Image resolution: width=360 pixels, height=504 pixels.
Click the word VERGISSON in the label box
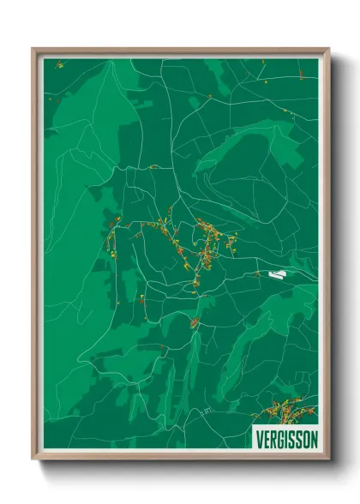pos(286,439)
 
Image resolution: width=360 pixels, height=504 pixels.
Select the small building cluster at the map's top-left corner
pos(59,64)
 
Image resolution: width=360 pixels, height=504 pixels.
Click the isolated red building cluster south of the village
pos(195,323)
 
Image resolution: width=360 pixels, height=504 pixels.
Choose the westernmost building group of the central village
pos(112,236)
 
